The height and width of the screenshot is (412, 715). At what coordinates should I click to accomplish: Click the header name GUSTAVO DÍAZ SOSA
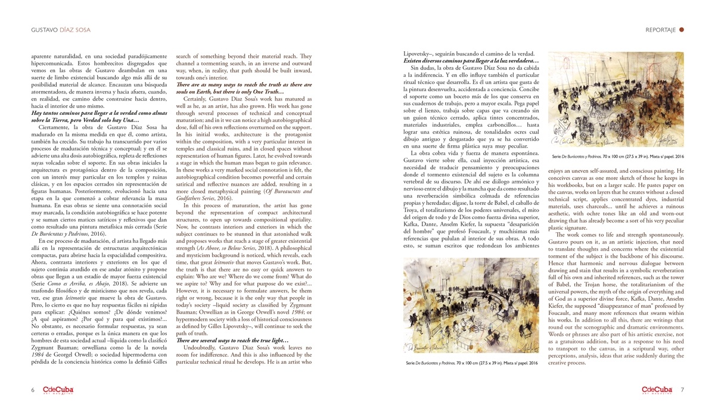(61, 30)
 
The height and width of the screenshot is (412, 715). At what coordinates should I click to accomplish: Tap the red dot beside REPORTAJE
(682, 30)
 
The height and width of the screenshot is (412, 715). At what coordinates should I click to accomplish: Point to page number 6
(33, 390)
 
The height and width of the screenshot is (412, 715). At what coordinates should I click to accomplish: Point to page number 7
(682, 390)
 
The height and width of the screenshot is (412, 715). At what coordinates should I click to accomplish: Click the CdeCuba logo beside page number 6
(57, 390)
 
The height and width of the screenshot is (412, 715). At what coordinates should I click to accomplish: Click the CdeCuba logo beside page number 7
(657, 390)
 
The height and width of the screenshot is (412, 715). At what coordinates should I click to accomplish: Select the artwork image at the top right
(615, 99)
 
